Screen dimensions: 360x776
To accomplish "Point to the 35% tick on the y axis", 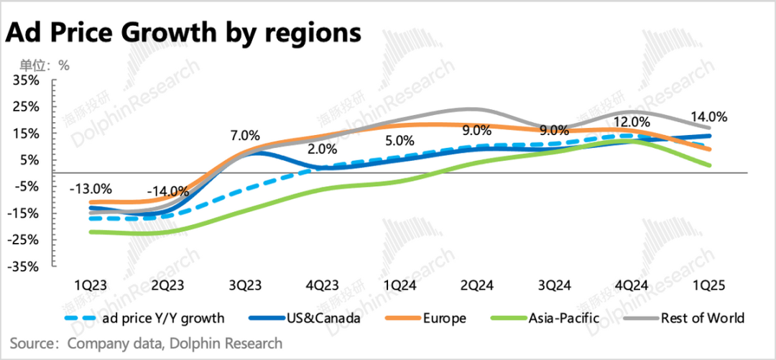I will [27, 80].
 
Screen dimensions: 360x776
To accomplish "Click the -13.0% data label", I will [91, 189].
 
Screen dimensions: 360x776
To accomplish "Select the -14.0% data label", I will [167, 192].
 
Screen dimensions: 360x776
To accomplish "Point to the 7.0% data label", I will [245, 135].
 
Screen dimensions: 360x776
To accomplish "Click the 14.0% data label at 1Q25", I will [709, 116].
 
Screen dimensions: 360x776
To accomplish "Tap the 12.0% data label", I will [632, 122].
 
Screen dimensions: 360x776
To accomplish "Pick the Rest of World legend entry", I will [703, 318].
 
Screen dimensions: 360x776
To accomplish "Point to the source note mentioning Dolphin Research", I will [147, 343].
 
